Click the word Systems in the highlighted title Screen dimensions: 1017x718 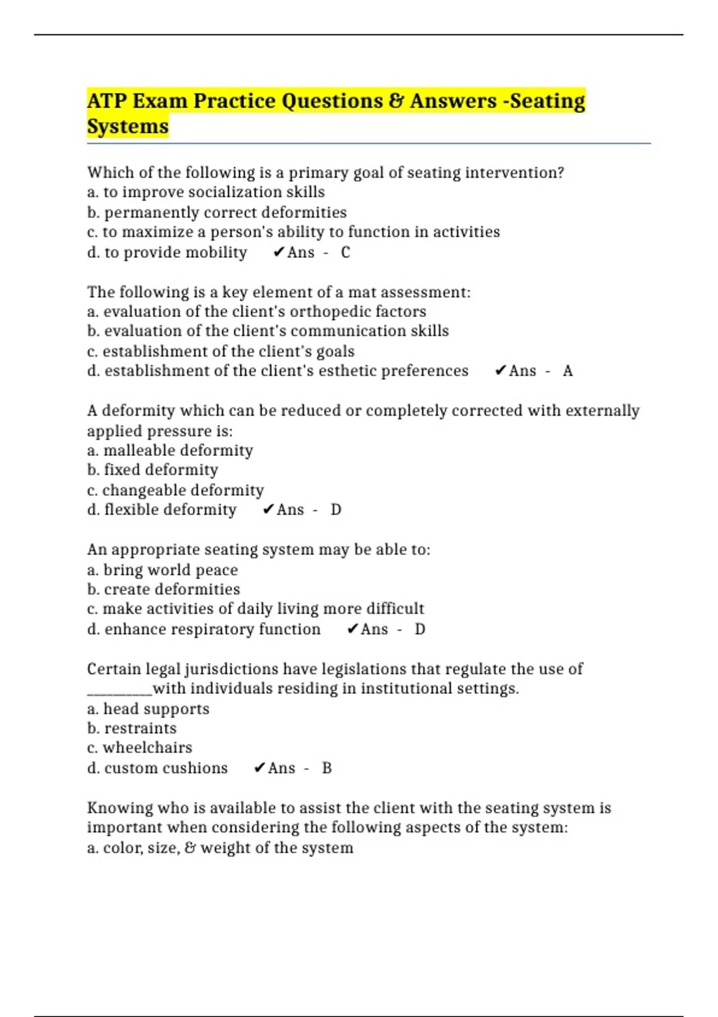(x=127, y=126)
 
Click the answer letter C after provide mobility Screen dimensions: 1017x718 (x=345, y=252)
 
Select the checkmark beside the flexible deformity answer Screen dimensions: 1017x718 (x=268, y=510)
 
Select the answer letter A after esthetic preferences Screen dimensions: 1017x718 (x=567, y=371)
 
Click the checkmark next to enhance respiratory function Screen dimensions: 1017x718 (x=352, y=629)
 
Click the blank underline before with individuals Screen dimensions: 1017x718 (x=120, y=693)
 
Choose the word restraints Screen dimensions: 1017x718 (x=141, y=728)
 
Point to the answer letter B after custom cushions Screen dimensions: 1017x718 (x=326, y=768)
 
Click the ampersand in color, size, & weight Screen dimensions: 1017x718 (x=190, y=848)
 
